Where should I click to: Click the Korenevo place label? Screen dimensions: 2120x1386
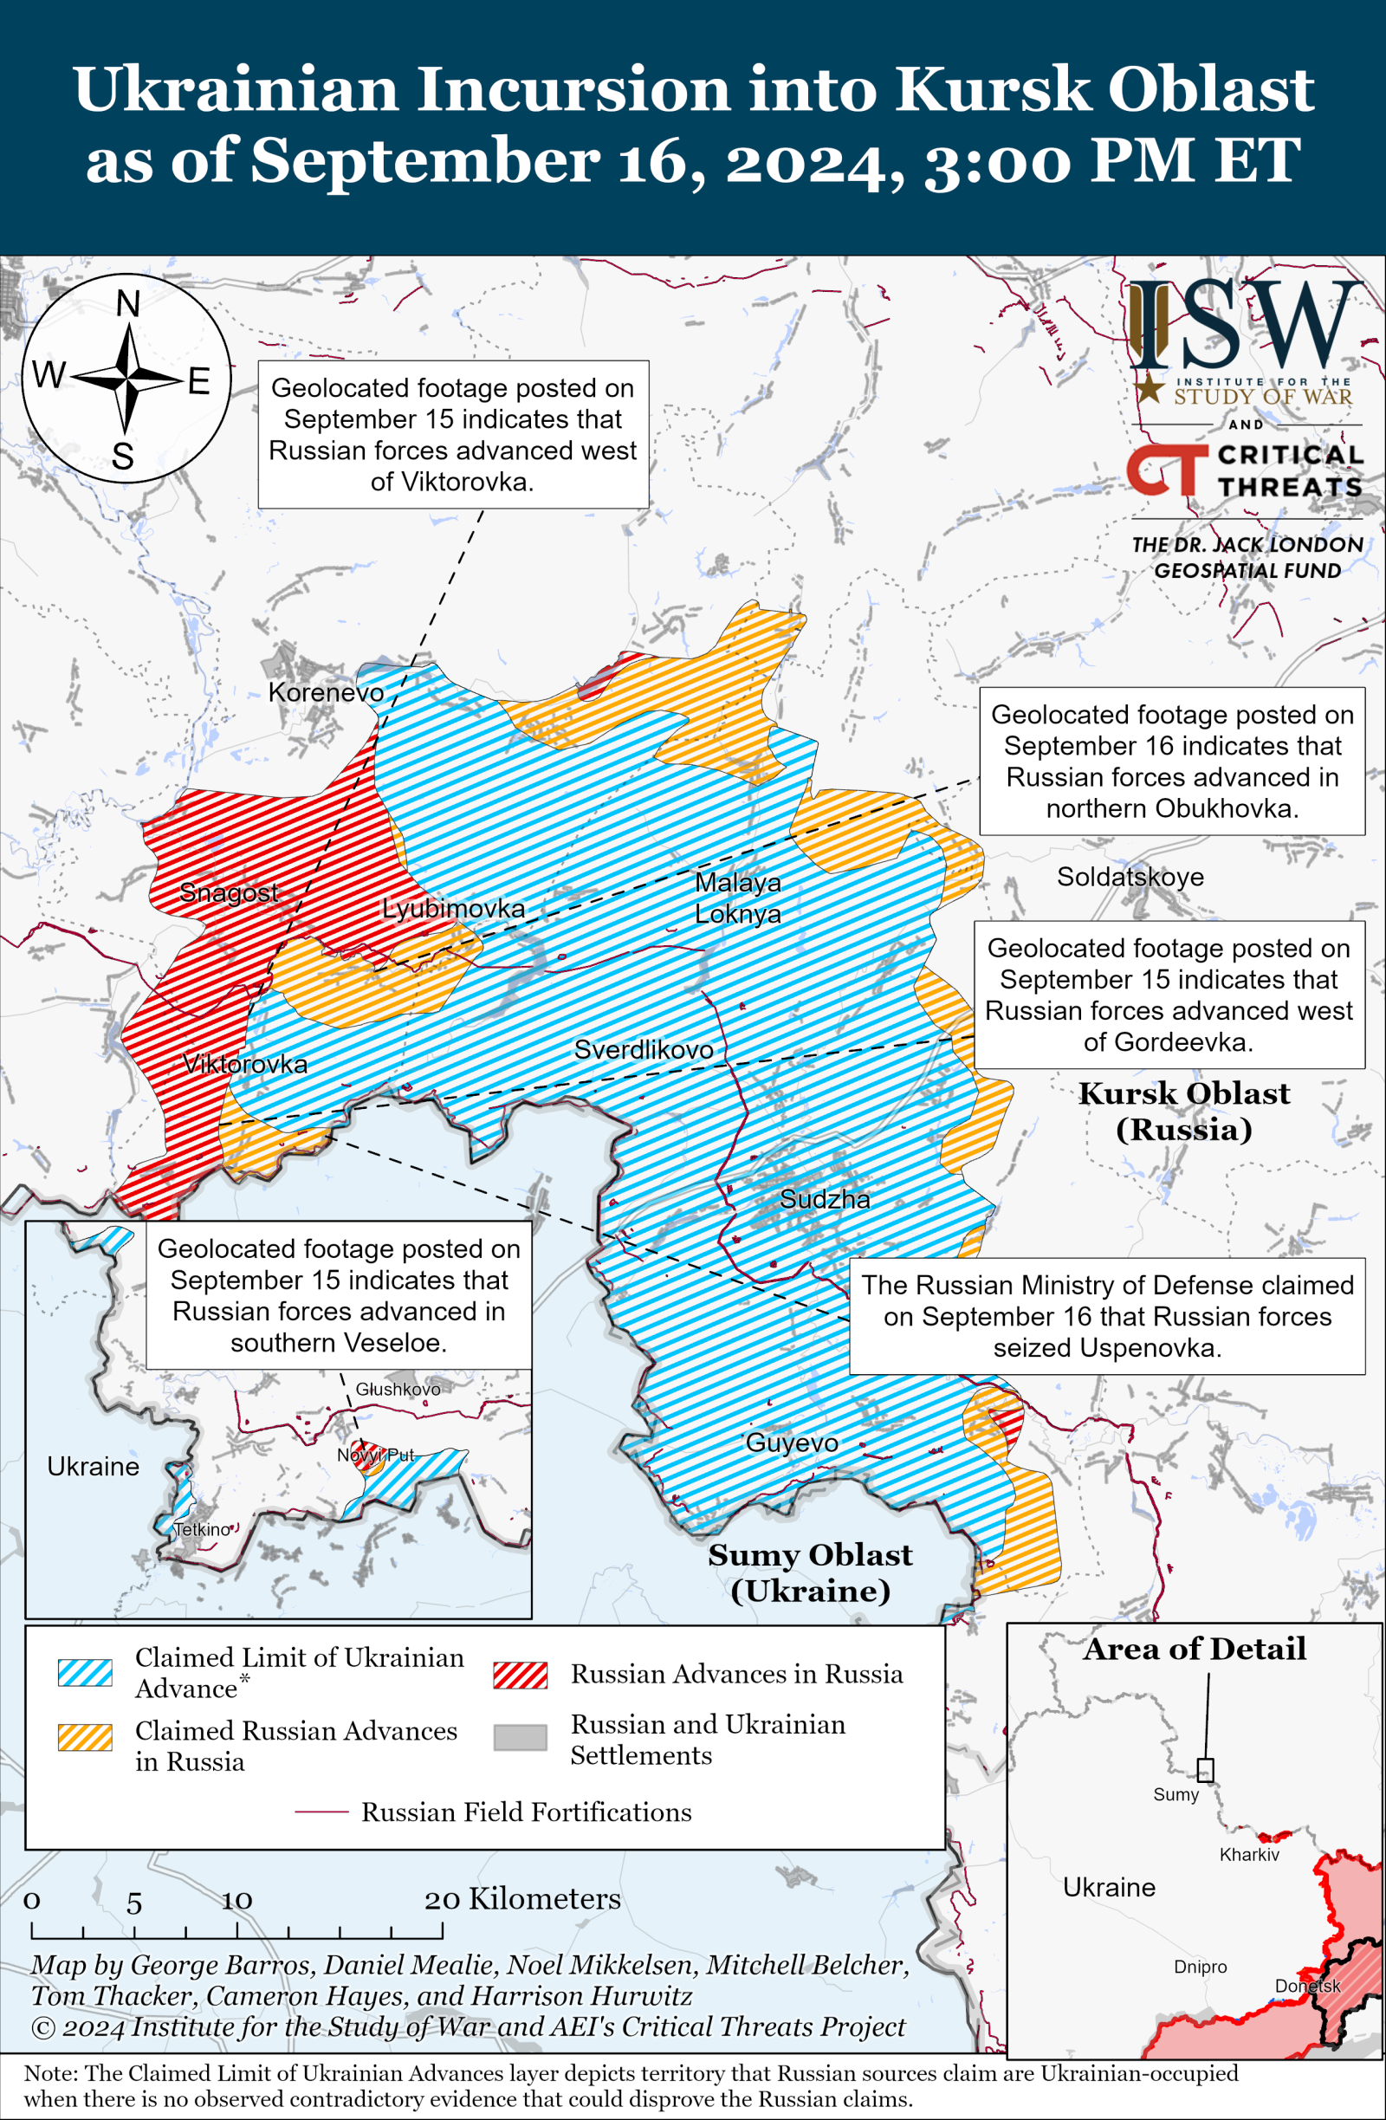click(326, 692)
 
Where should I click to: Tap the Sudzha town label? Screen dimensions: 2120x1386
click(824, 1199)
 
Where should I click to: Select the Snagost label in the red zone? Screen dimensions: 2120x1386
click(229, 891)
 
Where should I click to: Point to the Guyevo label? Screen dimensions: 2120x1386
click(791, 1443)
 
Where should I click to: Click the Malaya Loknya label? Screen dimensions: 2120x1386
click(737, 898)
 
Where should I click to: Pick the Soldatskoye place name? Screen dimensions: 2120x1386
click(1130, 877)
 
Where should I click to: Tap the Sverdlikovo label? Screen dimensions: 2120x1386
click(643, 1049)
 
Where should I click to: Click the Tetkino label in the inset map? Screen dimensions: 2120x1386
click(202, 1529)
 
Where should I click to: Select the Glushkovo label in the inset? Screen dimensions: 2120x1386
click(398, 1389)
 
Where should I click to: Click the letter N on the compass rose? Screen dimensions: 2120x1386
click(128, 305)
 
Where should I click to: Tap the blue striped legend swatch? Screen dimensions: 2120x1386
click(86, 1673)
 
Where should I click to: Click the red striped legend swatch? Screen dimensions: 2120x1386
click(521, 1675)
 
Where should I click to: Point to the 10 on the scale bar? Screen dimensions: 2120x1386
click(237, 1900)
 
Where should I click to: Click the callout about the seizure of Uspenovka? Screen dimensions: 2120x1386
click(1106, 1316)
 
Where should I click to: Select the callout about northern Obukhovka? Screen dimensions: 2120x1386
click(1171, 761)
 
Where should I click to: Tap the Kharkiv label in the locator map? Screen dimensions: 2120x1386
click(1249, 1855)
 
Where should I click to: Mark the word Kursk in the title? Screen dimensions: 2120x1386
click(993, 89)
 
